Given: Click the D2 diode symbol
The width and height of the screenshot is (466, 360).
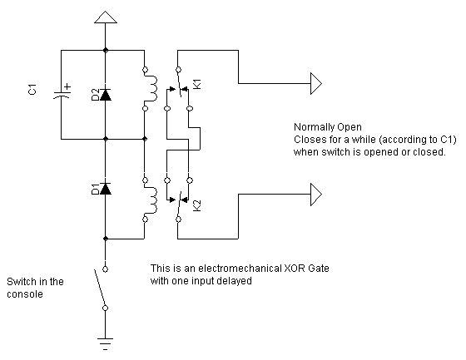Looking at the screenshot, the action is tap(105, 95).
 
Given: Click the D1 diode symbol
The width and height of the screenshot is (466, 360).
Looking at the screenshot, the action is tap(105, 189).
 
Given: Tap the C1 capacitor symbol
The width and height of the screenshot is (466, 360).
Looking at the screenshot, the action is tap(62, 95).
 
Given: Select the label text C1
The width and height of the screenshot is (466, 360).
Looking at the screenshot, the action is tap(32, 90).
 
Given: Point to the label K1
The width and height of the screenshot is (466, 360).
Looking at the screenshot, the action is tap(197, 84).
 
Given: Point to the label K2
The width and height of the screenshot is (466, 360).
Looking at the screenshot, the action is tap(197, 205).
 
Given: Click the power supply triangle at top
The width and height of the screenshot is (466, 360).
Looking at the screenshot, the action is tap(105, 17).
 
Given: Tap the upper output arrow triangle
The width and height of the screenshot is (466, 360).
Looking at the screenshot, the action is tap(316, 83).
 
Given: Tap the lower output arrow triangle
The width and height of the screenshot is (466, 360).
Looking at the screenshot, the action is tap(316, 195).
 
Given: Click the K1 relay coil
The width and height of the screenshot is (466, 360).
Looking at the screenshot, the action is tap(151, 89).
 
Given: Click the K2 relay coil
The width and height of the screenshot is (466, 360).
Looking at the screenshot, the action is tap(151, 200).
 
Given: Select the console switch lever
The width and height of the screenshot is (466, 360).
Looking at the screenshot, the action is tap(100, 288).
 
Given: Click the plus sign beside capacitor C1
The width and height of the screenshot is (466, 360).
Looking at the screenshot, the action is tap(67, 86).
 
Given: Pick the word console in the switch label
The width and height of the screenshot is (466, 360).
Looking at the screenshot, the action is tap(25, 294).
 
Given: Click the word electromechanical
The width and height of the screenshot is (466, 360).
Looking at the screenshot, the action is tap(240, 269).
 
